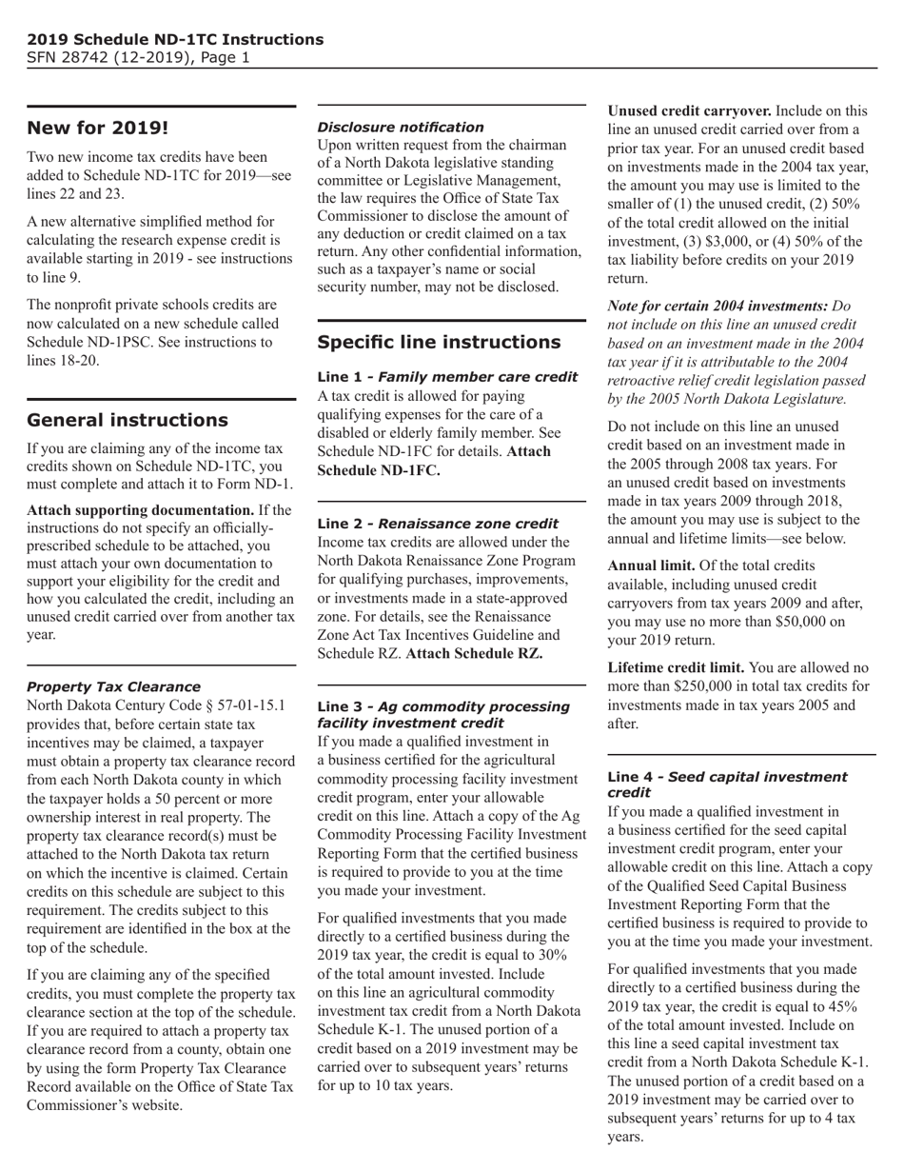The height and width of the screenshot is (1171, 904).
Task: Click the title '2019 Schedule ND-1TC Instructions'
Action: point(175,39)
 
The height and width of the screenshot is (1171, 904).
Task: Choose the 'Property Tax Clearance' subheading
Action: point(113,686)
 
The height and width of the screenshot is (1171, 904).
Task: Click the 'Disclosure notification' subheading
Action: point(400,127)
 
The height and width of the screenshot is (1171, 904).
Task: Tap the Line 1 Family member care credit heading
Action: point(447,377)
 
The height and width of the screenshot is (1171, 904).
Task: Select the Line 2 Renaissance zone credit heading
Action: point(438,524)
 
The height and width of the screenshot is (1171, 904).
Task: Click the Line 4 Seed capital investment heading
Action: point(727,784)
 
